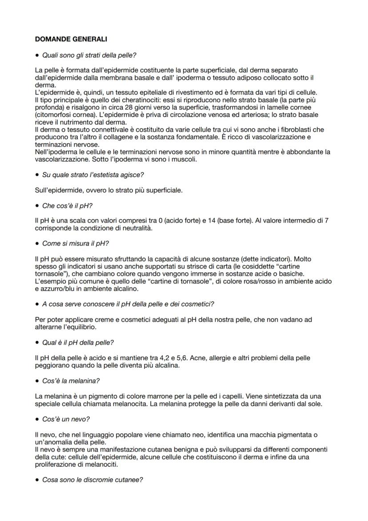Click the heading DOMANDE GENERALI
[x=71, y=39]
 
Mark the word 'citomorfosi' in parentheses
[x=53, y=115]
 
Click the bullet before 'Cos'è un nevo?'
[x=37, y=420]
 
